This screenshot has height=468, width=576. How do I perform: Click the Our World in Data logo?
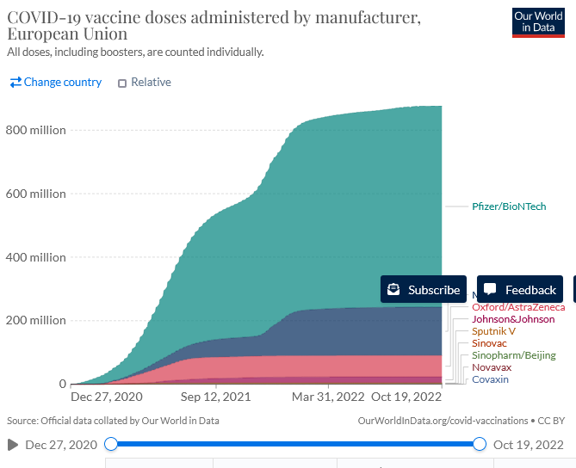(x=539, y=22)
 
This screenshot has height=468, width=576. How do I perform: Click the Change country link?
(x=56, y=83)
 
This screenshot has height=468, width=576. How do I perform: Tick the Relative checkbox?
(x=122, y=83)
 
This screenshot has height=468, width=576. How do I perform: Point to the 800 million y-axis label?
(x=35, y=130)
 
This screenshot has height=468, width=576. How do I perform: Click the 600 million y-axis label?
(x=35, y=194)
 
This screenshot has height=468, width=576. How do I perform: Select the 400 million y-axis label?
(x=35, y=257)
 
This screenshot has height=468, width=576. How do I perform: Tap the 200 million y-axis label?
(x=35, y=320)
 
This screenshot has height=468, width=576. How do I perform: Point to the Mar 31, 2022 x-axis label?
(x=327, y=397)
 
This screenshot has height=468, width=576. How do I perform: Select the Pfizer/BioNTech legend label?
(x=509, y=206)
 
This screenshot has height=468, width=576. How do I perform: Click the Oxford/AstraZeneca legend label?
(x=518, y=307)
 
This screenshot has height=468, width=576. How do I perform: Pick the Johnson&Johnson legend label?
(x=513, y=319)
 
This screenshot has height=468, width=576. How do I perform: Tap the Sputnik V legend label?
(x=493, y=331)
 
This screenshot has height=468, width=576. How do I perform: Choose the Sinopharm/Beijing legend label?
(x=513, y=355)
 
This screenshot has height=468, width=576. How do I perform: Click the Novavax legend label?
(x=492, y=367)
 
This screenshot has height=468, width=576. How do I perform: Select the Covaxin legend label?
(x=490, y=379)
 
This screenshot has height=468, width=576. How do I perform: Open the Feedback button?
(x=520, y=290)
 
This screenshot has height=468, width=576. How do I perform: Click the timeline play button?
(x=12, y=445)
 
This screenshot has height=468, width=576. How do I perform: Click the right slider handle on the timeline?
(x=480, y=445)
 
